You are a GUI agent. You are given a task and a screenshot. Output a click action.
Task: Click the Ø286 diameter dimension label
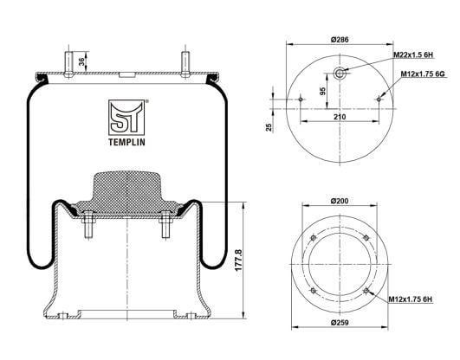click(340, 40)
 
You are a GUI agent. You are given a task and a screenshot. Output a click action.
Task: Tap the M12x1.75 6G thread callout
click(423, 74)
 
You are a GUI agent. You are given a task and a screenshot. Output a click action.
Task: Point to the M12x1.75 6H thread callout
click(411, 299)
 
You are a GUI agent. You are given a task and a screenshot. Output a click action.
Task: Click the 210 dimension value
click(340, 117)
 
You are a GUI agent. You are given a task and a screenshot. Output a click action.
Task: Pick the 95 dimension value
click(323, 91)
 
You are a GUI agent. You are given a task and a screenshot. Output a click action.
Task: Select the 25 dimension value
click(269, 127)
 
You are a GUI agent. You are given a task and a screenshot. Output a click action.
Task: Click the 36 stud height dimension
click(81, 61)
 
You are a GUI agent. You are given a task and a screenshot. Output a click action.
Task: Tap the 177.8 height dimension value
click(238, 260)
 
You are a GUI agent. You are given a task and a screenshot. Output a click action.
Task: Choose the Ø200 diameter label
click(340, 201)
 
